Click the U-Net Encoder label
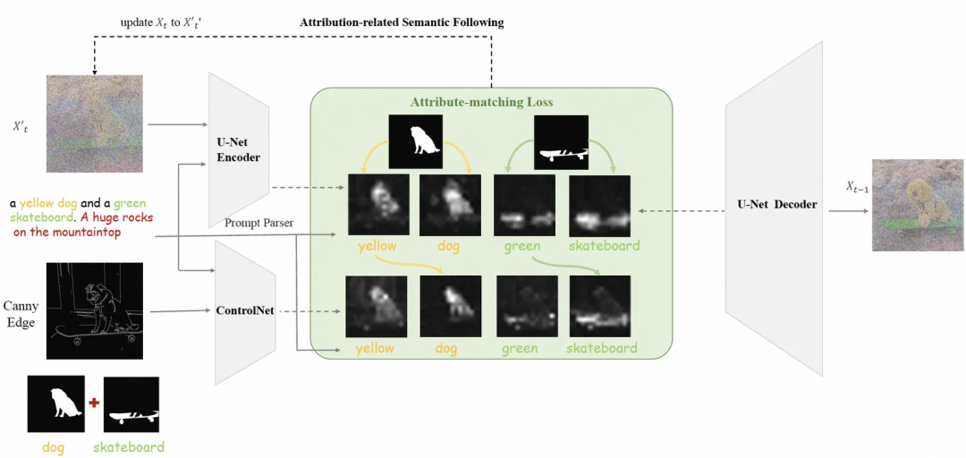pyautogui.click(x=238, y=150)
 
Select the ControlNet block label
pyautogui.click(x=245, y=311)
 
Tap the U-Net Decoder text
pyautogui.click(x=777, y=205)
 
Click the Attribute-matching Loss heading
pyautogui.click(x=481, y=102)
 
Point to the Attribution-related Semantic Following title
pyautogui.click(x=402, y=21)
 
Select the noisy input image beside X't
pyautogui.click(x=96, y=123)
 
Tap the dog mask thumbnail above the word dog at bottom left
pyautogui.click(x=56, y=404)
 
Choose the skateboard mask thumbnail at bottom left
pyautogui.click(x=131, y=404)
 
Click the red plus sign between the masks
pyautogui.click(x=94, y=403)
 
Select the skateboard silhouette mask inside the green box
pyautogui.click(x=561, y=142)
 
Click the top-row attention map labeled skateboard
pyautogui.click(x=598, y=204)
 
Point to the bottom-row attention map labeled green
pyautogui.click(x=526, y=305)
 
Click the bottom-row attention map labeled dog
pyautogui.click(x=452, y=305)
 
